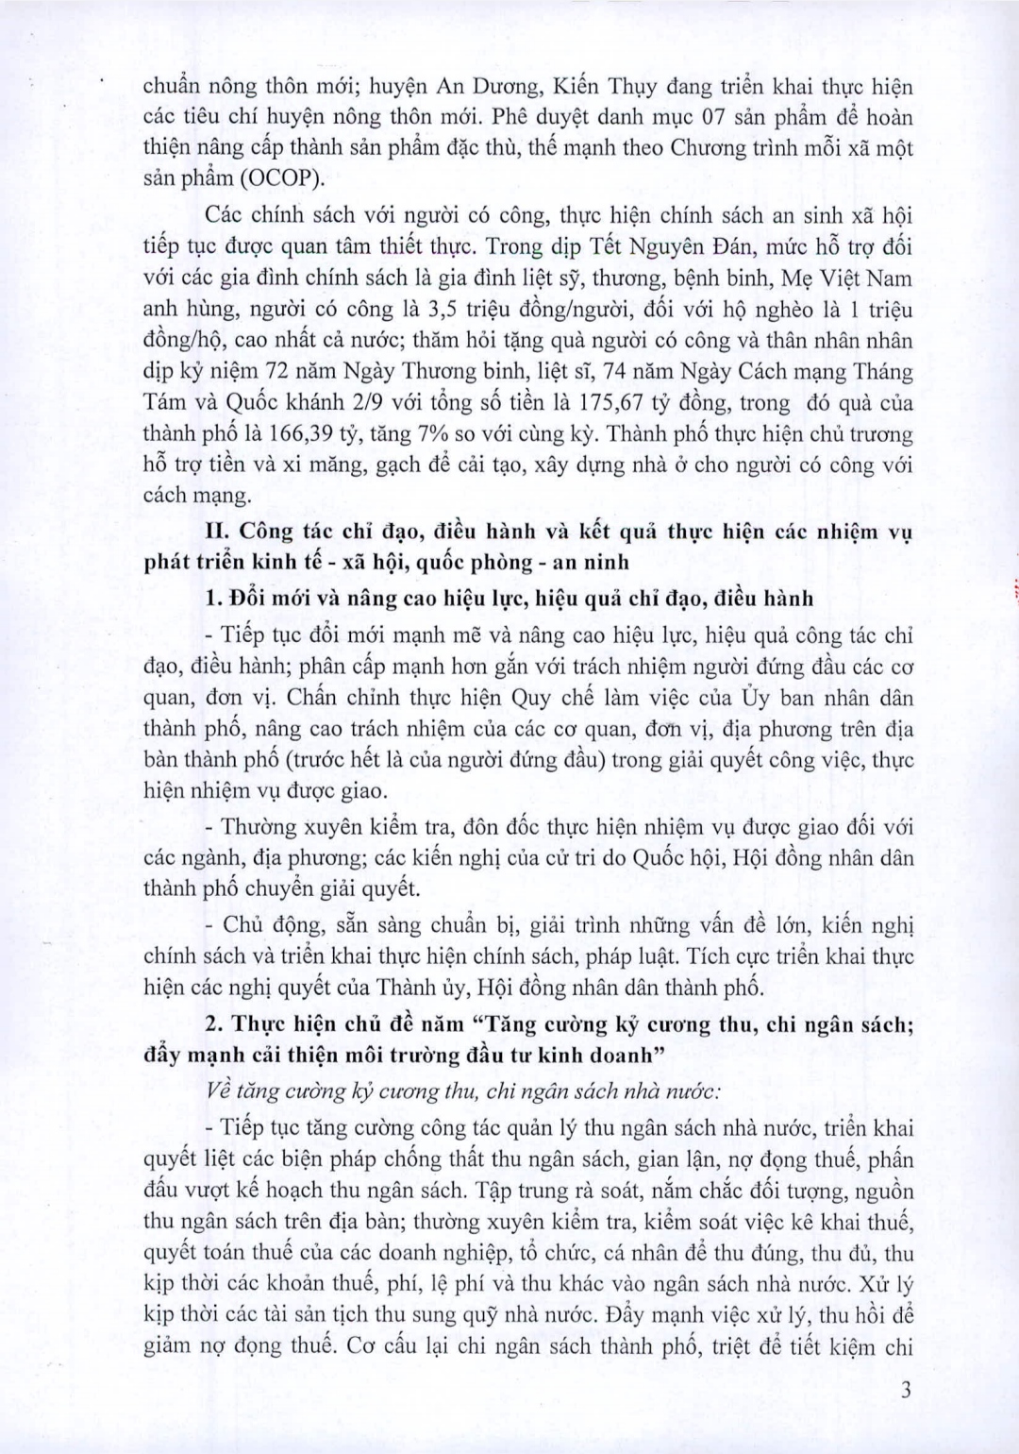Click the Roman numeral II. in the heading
[219, 532]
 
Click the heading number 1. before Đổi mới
[212, 599]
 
